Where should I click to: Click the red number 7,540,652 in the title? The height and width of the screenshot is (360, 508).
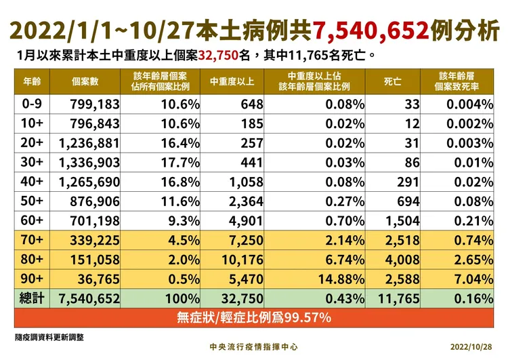(x=371, y=29)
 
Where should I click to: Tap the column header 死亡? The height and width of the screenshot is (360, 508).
(x=392, y=81)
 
